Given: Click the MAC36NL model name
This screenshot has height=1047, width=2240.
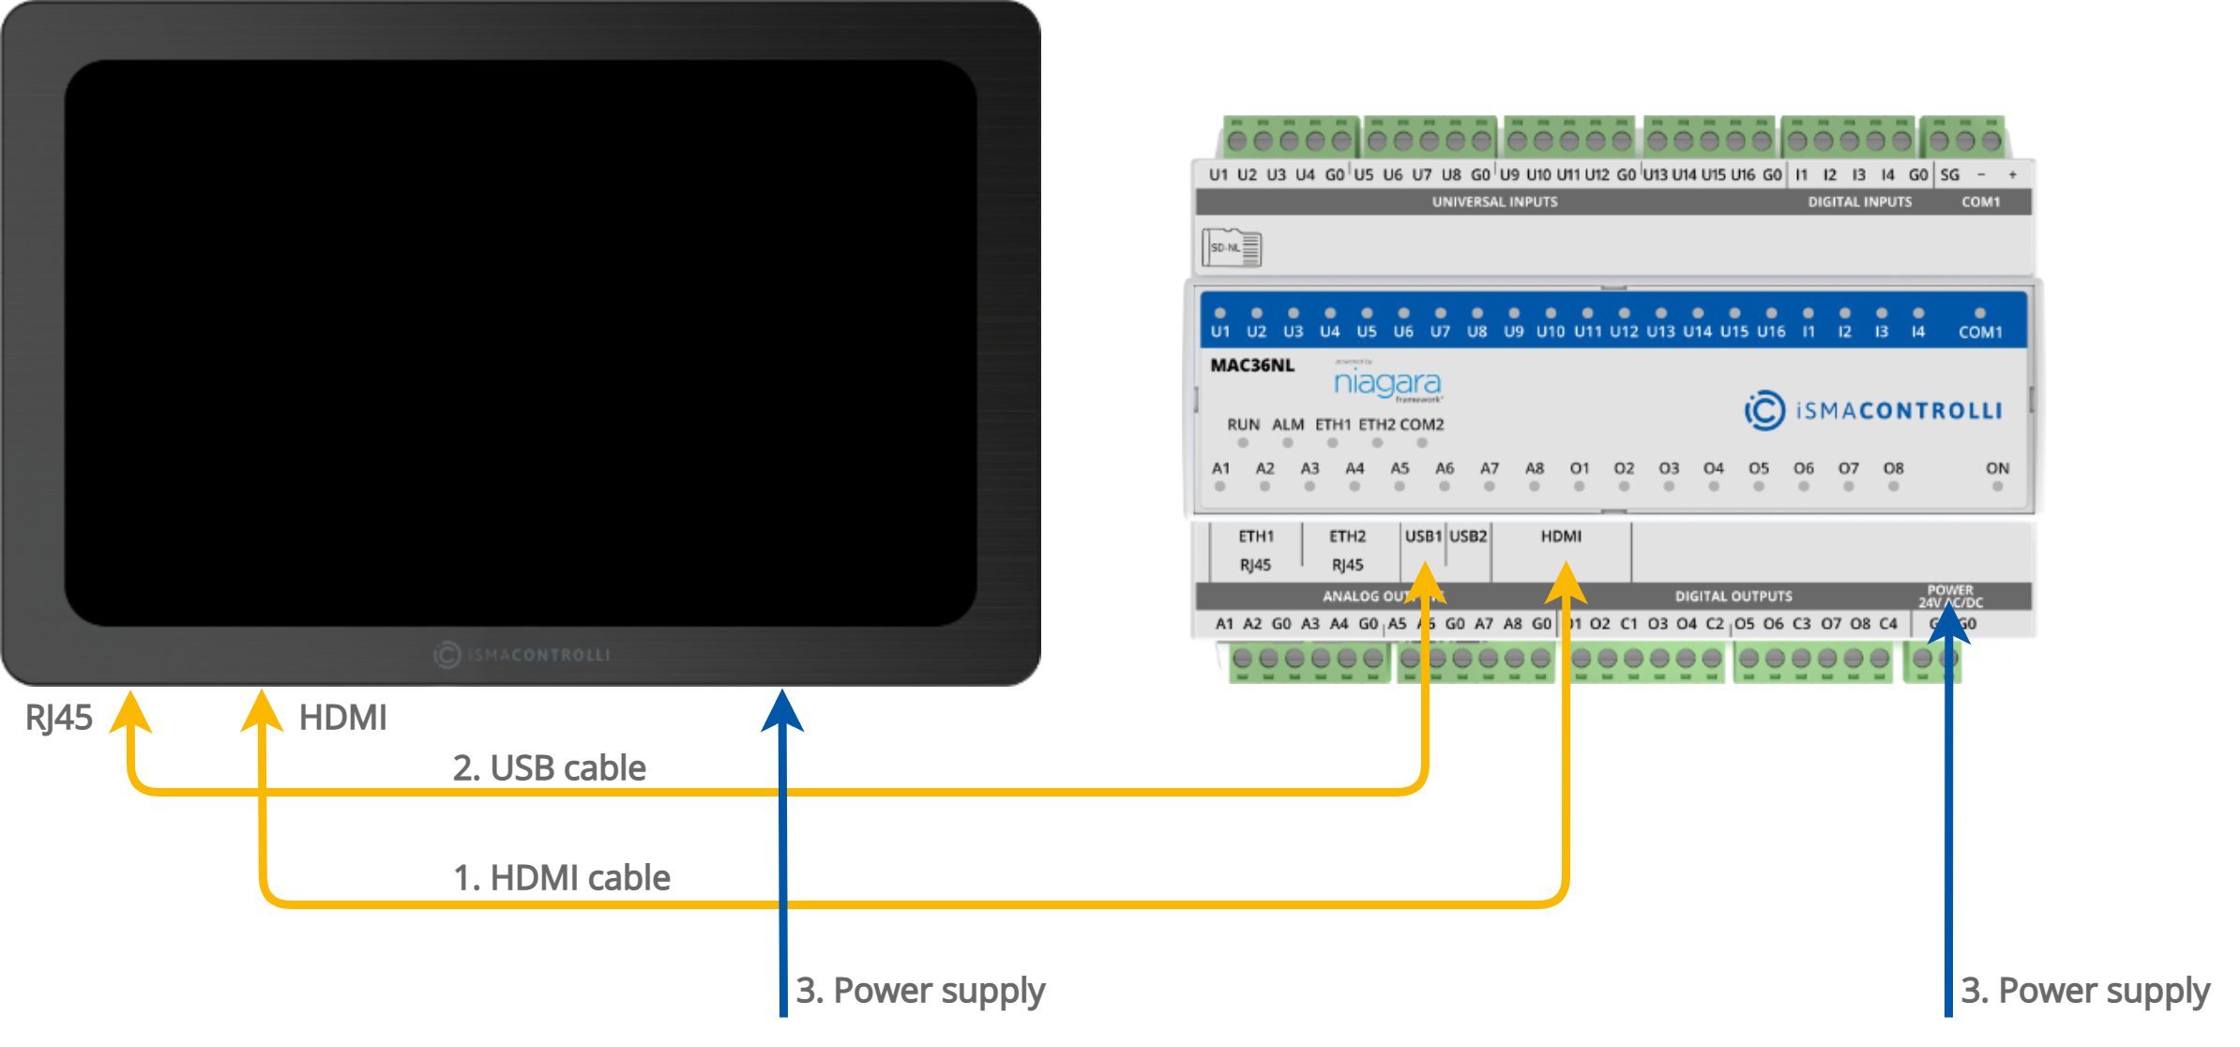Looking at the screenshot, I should pyautogui.click(x=1251, y=365).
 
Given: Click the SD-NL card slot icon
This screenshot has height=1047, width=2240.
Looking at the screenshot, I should pyautogui.click(x=1232, y=248).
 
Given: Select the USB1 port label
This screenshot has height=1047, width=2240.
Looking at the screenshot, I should pyautogui.click(x=1422, y=537).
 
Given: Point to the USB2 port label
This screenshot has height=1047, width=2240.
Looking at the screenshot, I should pyautogui.click(x=1468, y=537).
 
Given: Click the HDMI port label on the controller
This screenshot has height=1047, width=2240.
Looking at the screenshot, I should pyautogui.click(x=1561, y=537).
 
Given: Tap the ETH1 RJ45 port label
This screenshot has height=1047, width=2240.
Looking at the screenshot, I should pyautogui.click(x=1256, y=550).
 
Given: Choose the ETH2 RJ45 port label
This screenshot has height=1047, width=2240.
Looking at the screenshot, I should pyautogui.click(x=1347, y=550).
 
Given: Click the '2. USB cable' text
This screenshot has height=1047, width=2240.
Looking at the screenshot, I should pyautogui.click(x=549, y=767).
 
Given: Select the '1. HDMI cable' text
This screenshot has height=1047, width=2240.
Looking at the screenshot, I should pyautogui.click(x=561, y=877).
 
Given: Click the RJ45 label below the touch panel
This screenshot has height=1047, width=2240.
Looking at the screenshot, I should pyautogui.click(x=58, y=718).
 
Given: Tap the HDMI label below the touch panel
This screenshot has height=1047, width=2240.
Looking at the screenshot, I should pyautogui.click(x=342, y=718).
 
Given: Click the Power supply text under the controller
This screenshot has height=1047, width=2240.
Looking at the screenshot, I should pyautogui.click(x=2084, y=991).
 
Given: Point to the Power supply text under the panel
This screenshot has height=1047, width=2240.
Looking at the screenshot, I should pyautogui.click(x=920, y=991).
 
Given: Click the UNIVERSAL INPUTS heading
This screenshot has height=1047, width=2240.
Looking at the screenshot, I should pyautogui.click(x=1494, y=202).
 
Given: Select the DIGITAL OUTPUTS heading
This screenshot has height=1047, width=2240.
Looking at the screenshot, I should pyautogui.click(x=1733, y=596).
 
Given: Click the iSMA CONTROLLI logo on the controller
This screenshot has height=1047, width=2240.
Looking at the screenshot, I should pyautogui.click(x=1873, y=410).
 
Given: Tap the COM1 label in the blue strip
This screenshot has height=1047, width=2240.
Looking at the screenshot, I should pyautogui.click(x=1980, y=332).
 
